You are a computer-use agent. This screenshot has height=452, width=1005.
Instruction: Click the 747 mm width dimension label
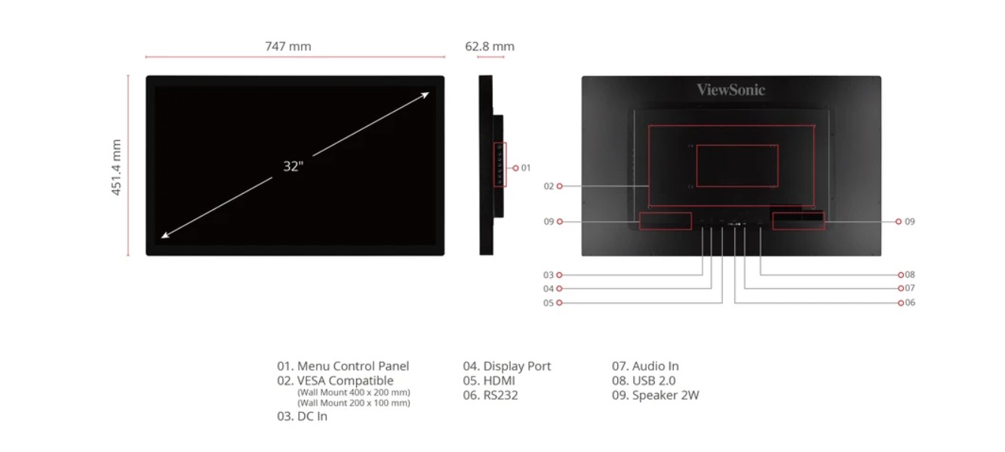click(287, 47)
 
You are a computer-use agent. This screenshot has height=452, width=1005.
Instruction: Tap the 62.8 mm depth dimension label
click(490, 47)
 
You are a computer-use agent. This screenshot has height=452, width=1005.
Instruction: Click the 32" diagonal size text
click(292, 167)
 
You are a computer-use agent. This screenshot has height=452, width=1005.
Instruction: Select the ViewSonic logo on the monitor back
click(730, 91)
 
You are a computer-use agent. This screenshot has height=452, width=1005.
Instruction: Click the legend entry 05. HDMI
click(489, 381)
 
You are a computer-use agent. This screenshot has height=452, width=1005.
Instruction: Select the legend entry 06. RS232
click(490, 395)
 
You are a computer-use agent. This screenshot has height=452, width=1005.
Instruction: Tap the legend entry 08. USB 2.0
click(644, 381)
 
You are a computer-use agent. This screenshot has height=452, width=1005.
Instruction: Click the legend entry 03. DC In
click(302, 417)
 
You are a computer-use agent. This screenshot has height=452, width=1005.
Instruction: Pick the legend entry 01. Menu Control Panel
click(343, 367)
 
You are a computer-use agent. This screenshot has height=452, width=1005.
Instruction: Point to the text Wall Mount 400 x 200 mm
click(354, 392)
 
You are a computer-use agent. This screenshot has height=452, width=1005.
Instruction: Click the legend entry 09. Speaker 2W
click(655, 395)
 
